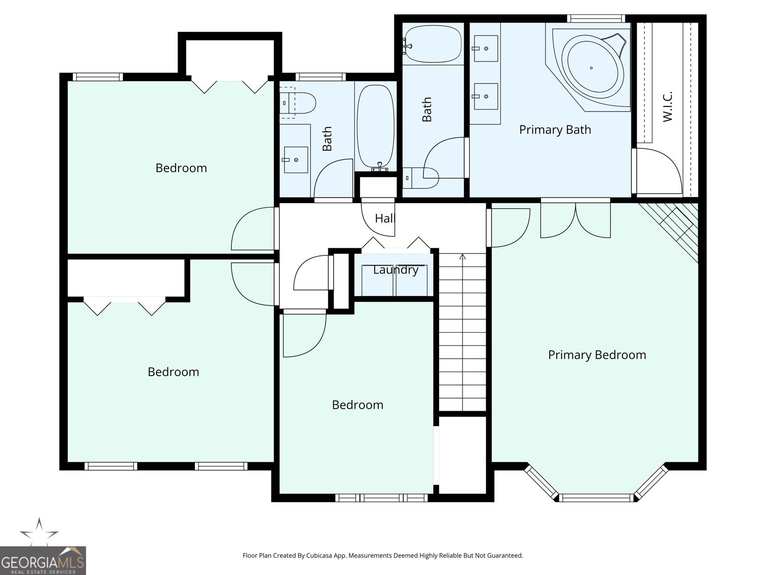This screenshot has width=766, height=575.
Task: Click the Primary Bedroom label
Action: (x=597, y=355)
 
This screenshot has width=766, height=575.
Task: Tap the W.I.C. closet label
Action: (x=667, y=107)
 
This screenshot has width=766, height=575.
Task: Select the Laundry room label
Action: (x=396, y=270)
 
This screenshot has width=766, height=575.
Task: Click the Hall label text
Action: (x=385, y=218)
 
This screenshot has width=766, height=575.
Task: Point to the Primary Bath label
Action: (x=555, y=130)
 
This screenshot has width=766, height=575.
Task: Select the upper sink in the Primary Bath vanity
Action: (x=485, y=48)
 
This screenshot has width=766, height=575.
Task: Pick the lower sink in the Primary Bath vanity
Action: (x=485, y=96)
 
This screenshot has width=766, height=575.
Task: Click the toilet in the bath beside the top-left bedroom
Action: (x=297, y=103)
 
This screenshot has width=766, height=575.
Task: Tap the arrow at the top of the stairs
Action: (x=462, y=257)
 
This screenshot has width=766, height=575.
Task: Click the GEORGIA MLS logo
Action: (x=43, y=560)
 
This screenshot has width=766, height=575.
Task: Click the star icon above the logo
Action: (x=39, y=532)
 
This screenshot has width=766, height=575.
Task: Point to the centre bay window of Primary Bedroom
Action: (x=596, y=497)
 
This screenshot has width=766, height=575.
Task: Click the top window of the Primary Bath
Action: (x=596, y=19)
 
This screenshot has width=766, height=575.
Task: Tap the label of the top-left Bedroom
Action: (x=181, y=168)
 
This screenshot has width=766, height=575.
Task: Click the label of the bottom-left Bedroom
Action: (x=173, y=372)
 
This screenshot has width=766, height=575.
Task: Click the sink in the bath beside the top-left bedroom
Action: (x=296, y=160)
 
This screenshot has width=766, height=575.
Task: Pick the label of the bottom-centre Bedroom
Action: (x=358, y=405)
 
